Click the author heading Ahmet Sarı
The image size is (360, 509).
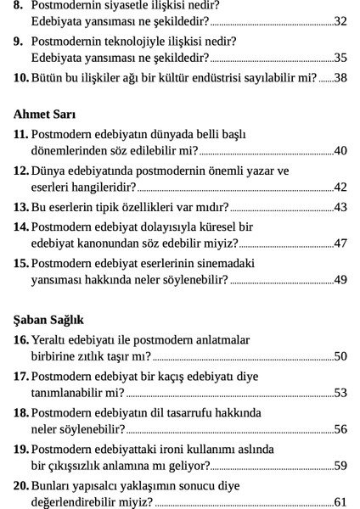click(x=43, y=114)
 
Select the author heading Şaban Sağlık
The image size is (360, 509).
click(x=48, y=320)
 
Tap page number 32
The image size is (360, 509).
click(x=340, y=21)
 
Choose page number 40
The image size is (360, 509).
click(x=340, y=151)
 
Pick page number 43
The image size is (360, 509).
click(x=340, y=207)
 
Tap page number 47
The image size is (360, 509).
click(x=340, y=243)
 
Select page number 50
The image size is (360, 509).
click(x=340, y=355)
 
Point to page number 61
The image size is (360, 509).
click(x=340, y=502)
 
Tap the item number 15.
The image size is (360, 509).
click(x=21, y=263)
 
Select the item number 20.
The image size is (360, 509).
click(x=21, y=486)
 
